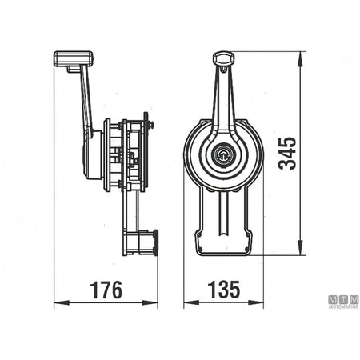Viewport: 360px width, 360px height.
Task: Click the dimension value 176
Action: [106, 290]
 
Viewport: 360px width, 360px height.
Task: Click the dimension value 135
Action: [224, 290]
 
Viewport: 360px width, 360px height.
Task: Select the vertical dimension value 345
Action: [287, 154]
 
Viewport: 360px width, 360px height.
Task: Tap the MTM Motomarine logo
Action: [343, 302]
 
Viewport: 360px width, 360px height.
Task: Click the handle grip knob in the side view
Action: [74, 58]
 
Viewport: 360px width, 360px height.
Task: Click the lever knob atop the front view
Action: [223, 58]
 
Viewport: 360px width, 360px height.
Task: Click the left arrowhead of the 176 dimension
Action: [62, 302]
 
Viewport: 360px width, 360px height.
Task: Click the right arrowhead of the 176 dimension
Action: [150, 302]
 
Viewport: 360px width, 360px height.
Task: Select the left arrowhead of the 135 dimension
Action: [191, 302]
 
